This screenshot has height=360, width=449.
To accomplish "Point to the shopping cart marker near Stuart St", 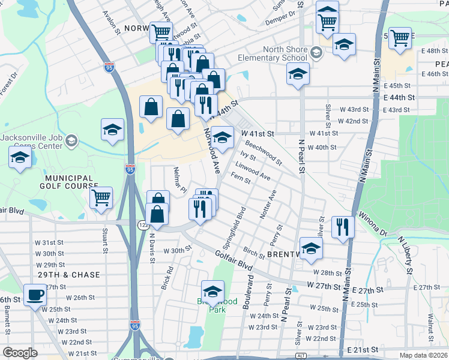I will [x=101, y=197].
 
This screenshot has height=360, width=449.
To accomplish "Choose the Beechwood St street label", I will [x=263, y=152].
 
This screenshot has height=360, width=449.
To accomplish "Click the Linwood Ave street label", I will [x=253, y=171].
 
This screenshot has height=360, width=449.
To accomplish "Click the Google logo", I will [x=19, y=353].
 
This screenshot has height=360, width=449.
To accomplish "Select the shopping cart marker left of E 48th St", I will [x=400, y=38].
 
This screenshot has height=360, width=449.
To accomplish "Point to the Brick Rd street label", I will [x=167, y=278].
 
